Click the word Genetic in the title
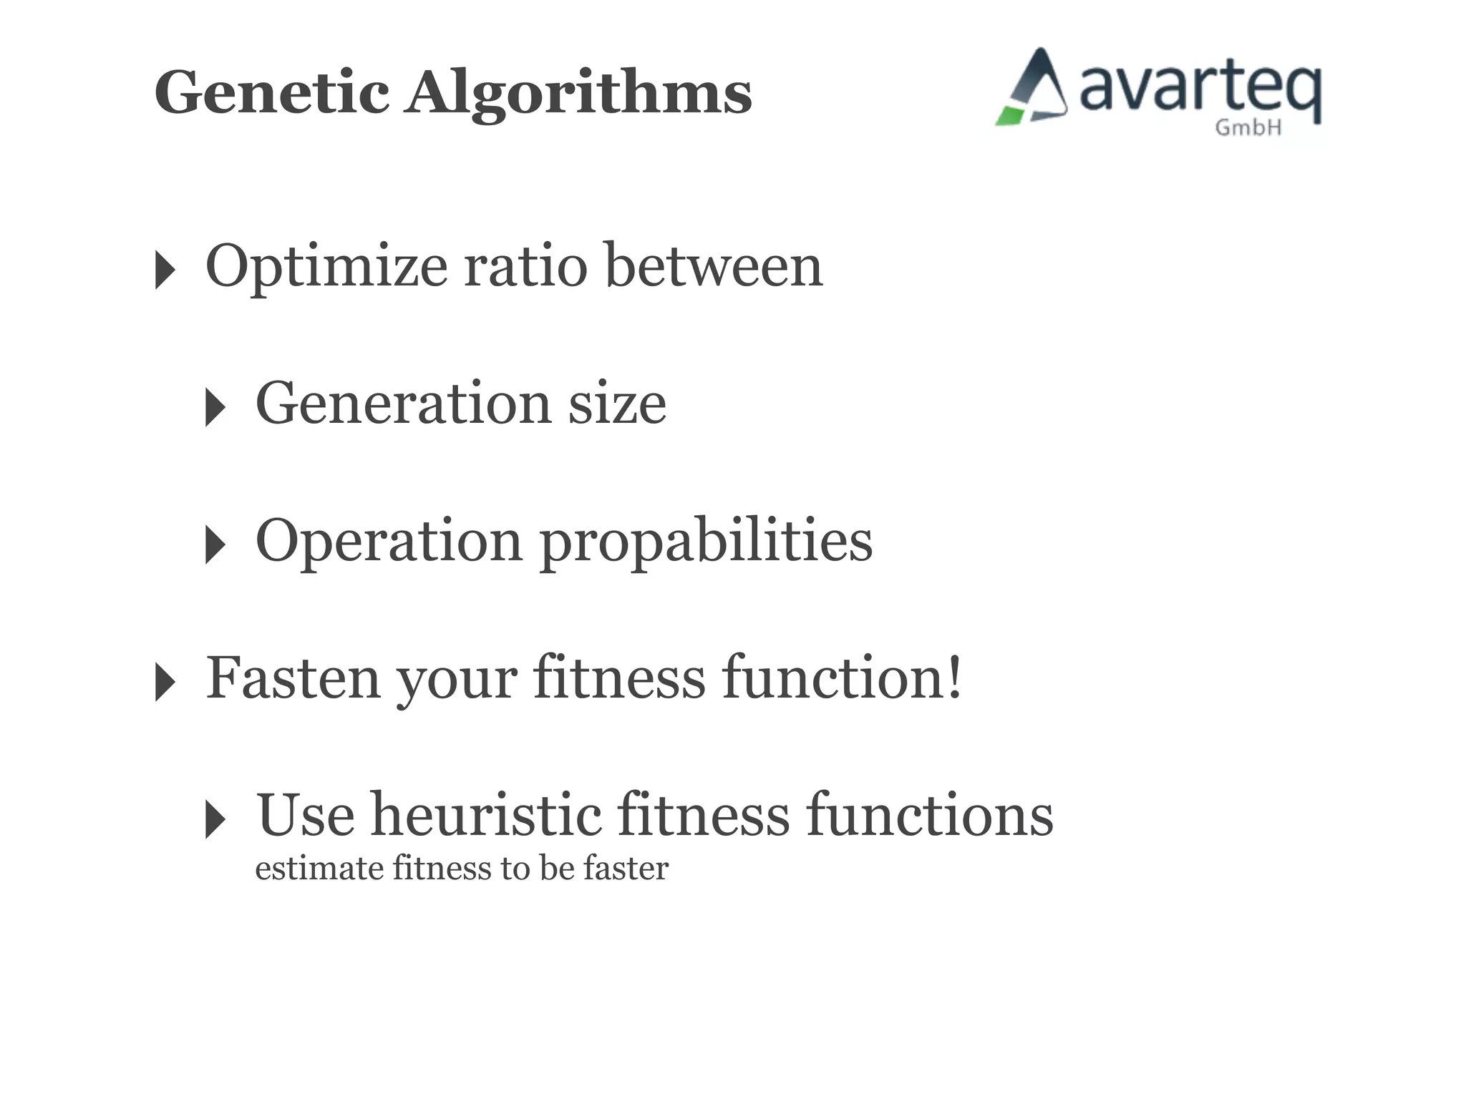(x=272, y=93)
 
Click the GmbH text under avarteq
(x=1248, y=128)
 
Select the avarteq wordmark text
(x=1199, y=89)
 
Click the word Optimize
(x=326, y=267)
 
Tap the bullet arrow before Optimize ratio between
(x=165, y=270)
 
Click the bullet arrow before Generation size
(x=215, y=407)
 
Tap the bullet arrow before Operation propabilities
(x=215, y=544)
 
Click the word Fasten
(x=293, y=678)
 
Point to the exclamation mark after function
(x=953, y=676)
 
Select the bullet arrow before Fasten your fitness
(x=165, y=682)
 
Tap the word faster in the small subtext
(x=626, y=868)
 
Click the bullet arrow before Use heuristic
(x=215, y=819)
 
